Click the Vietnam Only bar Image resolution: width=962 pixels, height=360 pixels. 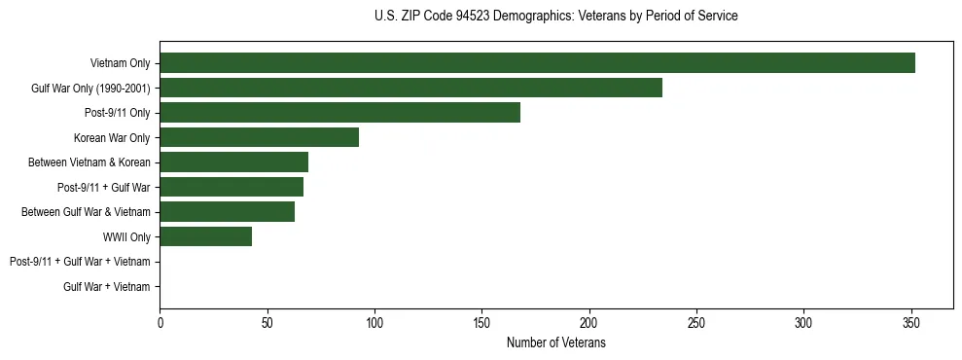coord(537,63)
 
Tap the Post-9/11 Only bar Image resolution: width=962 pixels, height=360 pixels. coord(339,113)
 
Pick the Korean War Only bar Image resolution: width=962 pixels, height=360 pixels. coord(259,137)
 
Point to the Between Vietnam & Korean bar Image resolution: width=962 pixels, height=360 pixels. coord(233,162)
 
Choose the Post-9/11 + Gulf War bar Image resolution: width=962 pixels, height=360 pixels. coord(232,187)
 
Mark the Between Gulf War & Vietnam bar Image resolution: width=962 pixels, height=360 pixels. coord(227,212)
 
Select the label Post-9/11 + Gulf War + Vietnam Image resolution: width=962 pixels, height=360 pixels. coord(80,262)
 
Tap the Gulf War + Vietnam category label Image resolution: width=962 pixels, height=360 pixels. coord(107,287)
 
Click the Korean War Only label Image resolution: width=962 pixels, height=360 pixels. coord(112,138)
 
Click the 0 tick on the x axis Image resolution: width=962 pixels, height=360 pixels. coord(160,322)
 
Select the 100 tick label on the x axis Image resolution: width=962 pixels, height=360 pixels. coord(374,322)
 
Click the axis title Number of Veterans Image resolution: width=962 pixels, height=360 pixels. coord(555,342)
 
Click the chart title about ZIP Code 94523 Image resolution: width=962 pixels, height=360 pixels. coord(555,17)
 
